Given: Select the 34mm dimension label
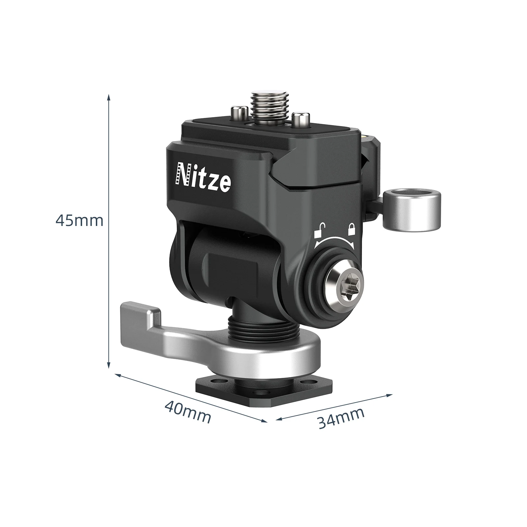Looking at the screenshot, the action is click(341, 418).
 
